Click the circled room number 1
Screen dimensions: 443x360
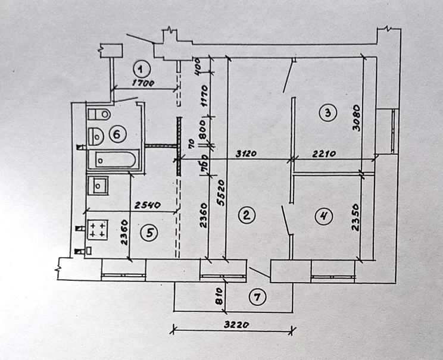click(x=141, y=66)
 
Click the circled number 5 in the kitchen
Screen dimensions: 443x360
click(x=149, y=233)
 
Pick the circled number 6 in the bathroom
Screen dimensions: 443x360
click(x=117, y=134)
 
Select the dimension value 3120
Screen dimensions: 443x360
click(x=245, y=154)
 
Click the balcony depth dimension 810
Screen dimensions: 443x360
click(x=219, y=295)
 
